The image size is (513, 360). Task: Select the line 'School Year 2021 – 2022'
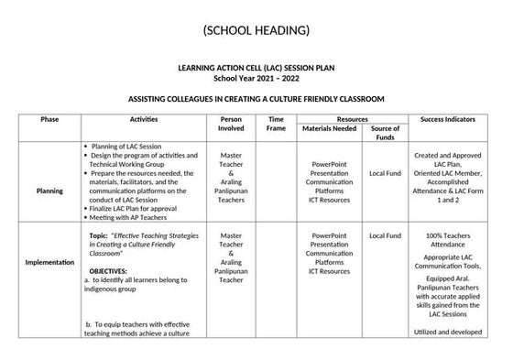(256, 79)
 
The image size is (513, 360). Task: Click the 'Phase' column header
(49, 119)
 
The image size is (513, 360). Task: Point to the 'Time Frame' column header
(276, 125)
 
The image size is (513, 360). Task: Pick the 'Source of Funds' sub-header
(385, 134)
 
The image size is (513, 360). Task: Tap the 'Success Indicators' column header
(447, 119)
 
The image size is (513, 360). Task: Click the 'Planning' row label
(49, 191)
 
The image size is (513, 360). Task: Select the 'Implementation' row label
(49, 262)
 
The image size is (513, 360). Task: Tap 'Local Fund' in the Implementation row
(385, 235)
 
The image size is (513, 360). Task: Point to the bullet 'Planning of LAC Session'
(127, 147)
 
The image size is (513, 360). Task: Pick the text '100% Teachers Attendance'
(447, 241)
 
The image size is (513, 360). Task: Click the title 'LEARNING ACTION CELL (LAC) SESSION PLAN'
(256, 69)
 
